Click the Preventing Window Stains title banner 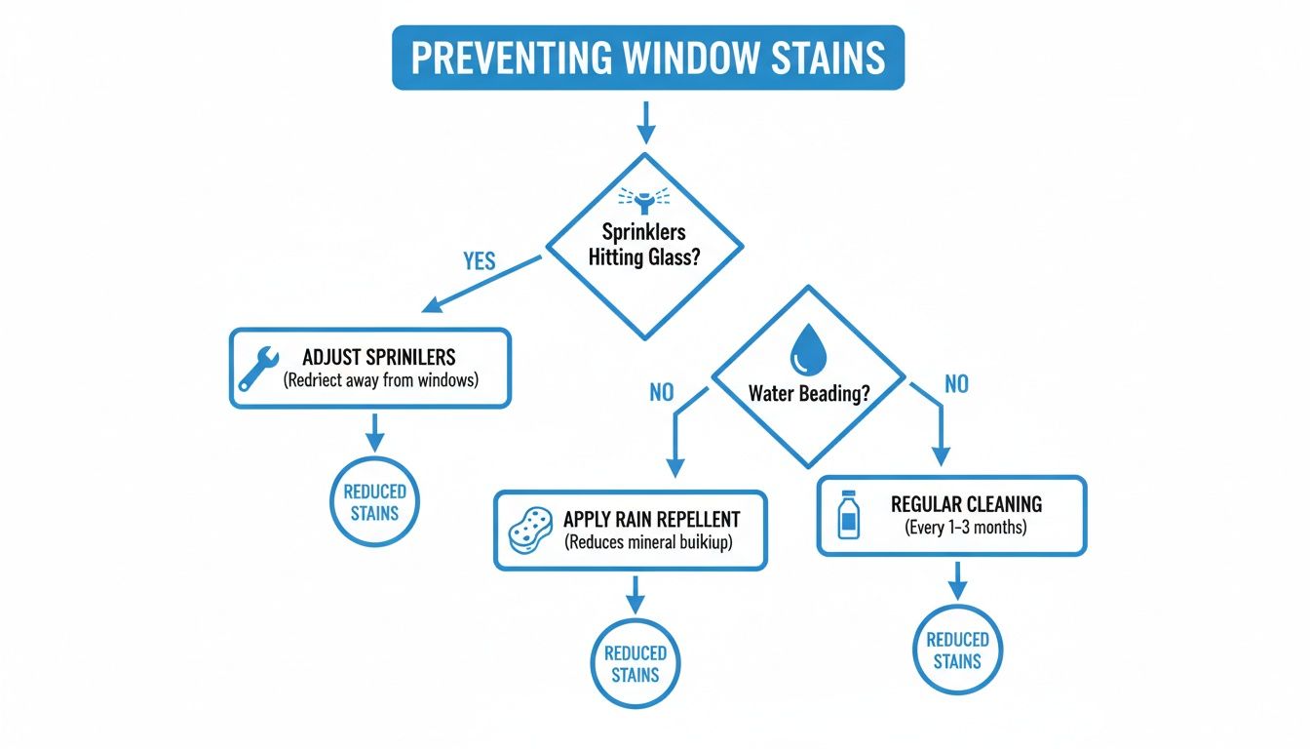point(648,59)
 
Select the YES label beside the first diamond point(479,261)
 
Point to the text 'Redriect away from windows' point(381,380)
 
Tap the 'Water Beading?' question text point(808,394)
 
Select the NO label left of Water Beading point(661,392)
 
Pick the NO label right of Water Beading point(956,384)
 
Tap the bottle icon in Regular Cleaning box point(848,516)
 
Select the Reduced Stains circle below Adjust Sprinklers point(374,501)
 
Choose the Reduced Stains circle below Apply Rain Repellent point(636,663)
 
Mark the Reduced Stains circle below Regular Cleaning point(957,650)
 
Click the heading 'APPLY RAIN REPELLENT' point(651,519)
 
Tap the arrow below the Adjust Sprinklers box point(374,431)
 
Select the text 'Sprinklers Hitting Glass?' point(644,244)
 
